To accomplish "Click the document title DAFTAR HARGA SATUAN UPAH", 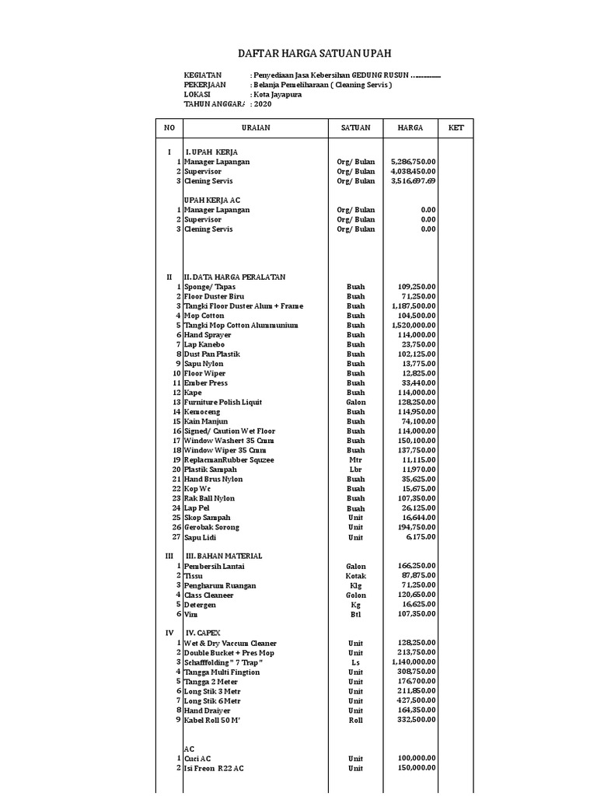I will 314,53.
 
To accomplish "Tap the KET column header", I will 456,127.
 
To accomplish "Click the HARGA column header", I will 410,127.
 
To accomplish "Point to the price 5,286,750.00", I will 413,162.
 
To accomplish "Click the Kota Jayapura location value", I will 278,94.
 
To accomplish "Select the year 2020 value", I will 263,103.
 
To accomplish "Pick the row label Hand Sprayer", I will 208,335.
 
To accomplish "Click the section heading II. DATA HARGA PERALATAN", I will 234,277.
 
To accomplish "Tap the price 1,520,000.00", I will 413,325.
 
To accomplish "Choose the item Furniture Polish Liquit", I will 223,402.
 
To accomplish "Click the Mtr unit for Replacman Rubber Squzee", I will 355,460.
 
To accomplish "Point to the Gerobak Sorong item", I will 211,527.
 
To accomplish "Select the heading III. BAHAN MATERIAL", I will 223,556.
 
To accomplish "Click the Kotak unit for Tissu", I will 355,576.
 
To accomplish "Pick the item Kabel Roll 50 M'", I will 212,720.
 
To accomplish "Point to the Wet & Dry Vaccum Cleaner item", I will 230,643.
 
